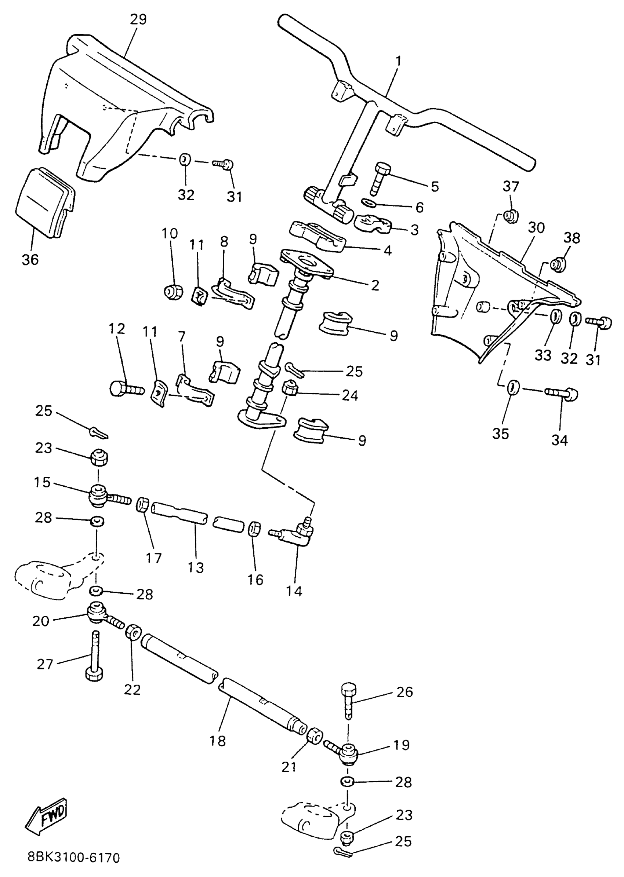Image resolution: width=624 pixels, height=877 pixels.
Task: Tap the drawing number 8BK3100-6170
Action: [74, 858]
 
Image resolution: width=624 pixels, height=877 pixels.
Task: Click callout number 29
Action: [138, 19]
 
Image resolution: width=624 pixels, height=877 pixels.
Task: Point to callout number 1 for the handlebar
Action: [398, 61]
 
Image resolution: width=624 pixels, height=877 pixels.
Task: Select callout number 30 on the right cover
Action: [536, 228]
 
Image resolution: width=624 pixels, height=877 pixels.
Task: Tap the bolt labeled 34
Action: [562, 394]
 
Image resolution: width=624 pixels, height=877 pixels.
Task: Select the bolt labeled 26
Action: [348, 700]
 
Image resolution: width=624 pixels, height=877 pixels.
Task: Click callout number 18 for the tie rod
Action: [217, 741]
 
